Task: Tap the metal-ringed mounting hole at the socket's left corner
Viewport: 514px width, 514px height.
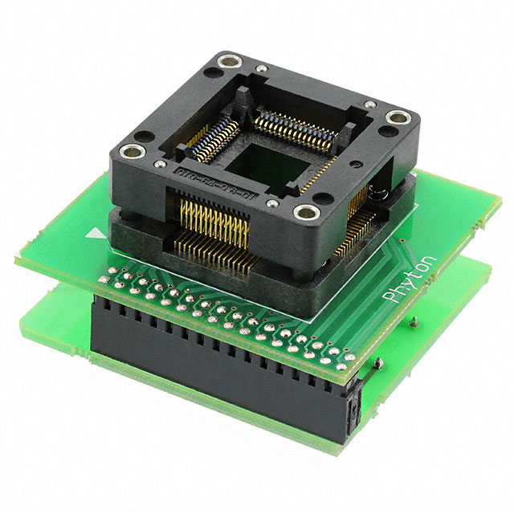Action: pos(131,151)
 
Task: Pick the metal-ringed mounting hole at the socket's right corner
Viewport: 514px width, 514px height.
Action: pos(397,119)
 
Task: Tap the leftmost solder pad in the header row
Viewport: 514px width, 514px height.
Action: pos(104,275)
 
